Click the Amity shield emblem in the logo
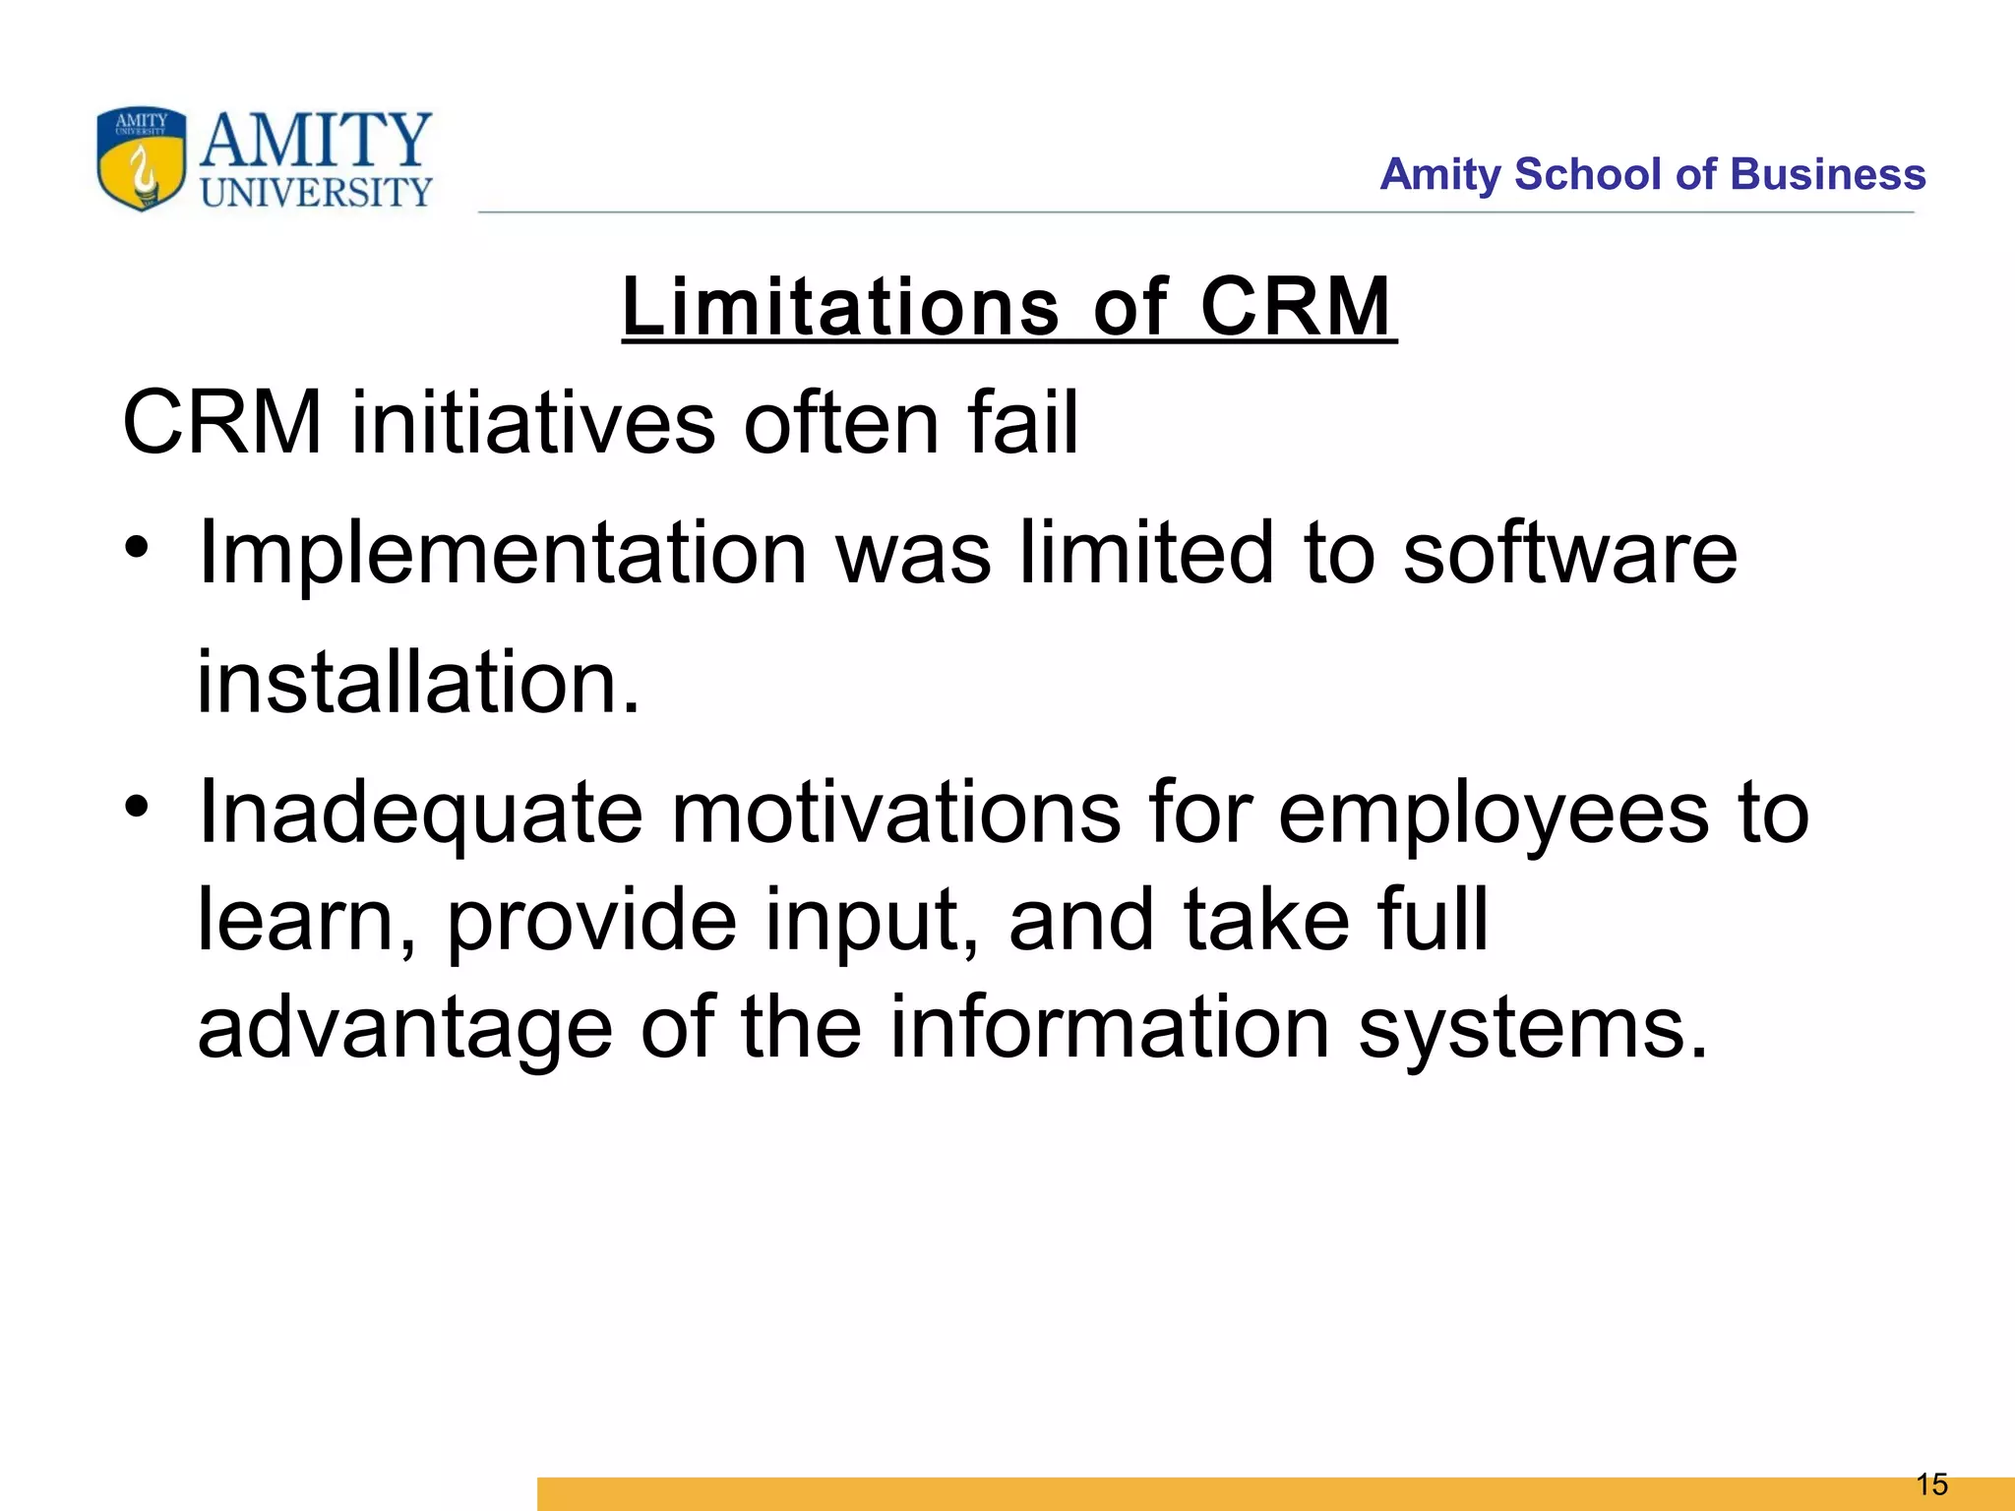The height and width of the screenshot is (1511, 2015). point(141,159)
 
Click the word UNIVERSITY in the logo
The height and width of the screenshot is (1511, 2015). point(316,193)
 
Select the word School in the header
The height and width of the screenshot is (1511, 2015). point(1588,174)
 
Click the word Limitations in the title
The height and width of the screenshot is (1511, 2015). point(840,306)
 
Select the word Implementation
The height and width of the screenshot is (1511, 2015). point(503,554)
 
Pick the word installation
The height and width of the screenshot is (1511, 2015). point(418,683)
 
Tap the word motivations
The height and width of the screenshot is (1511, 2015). point(895,813)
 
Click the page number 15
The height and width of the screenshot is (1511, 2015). point(1931,1484)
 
